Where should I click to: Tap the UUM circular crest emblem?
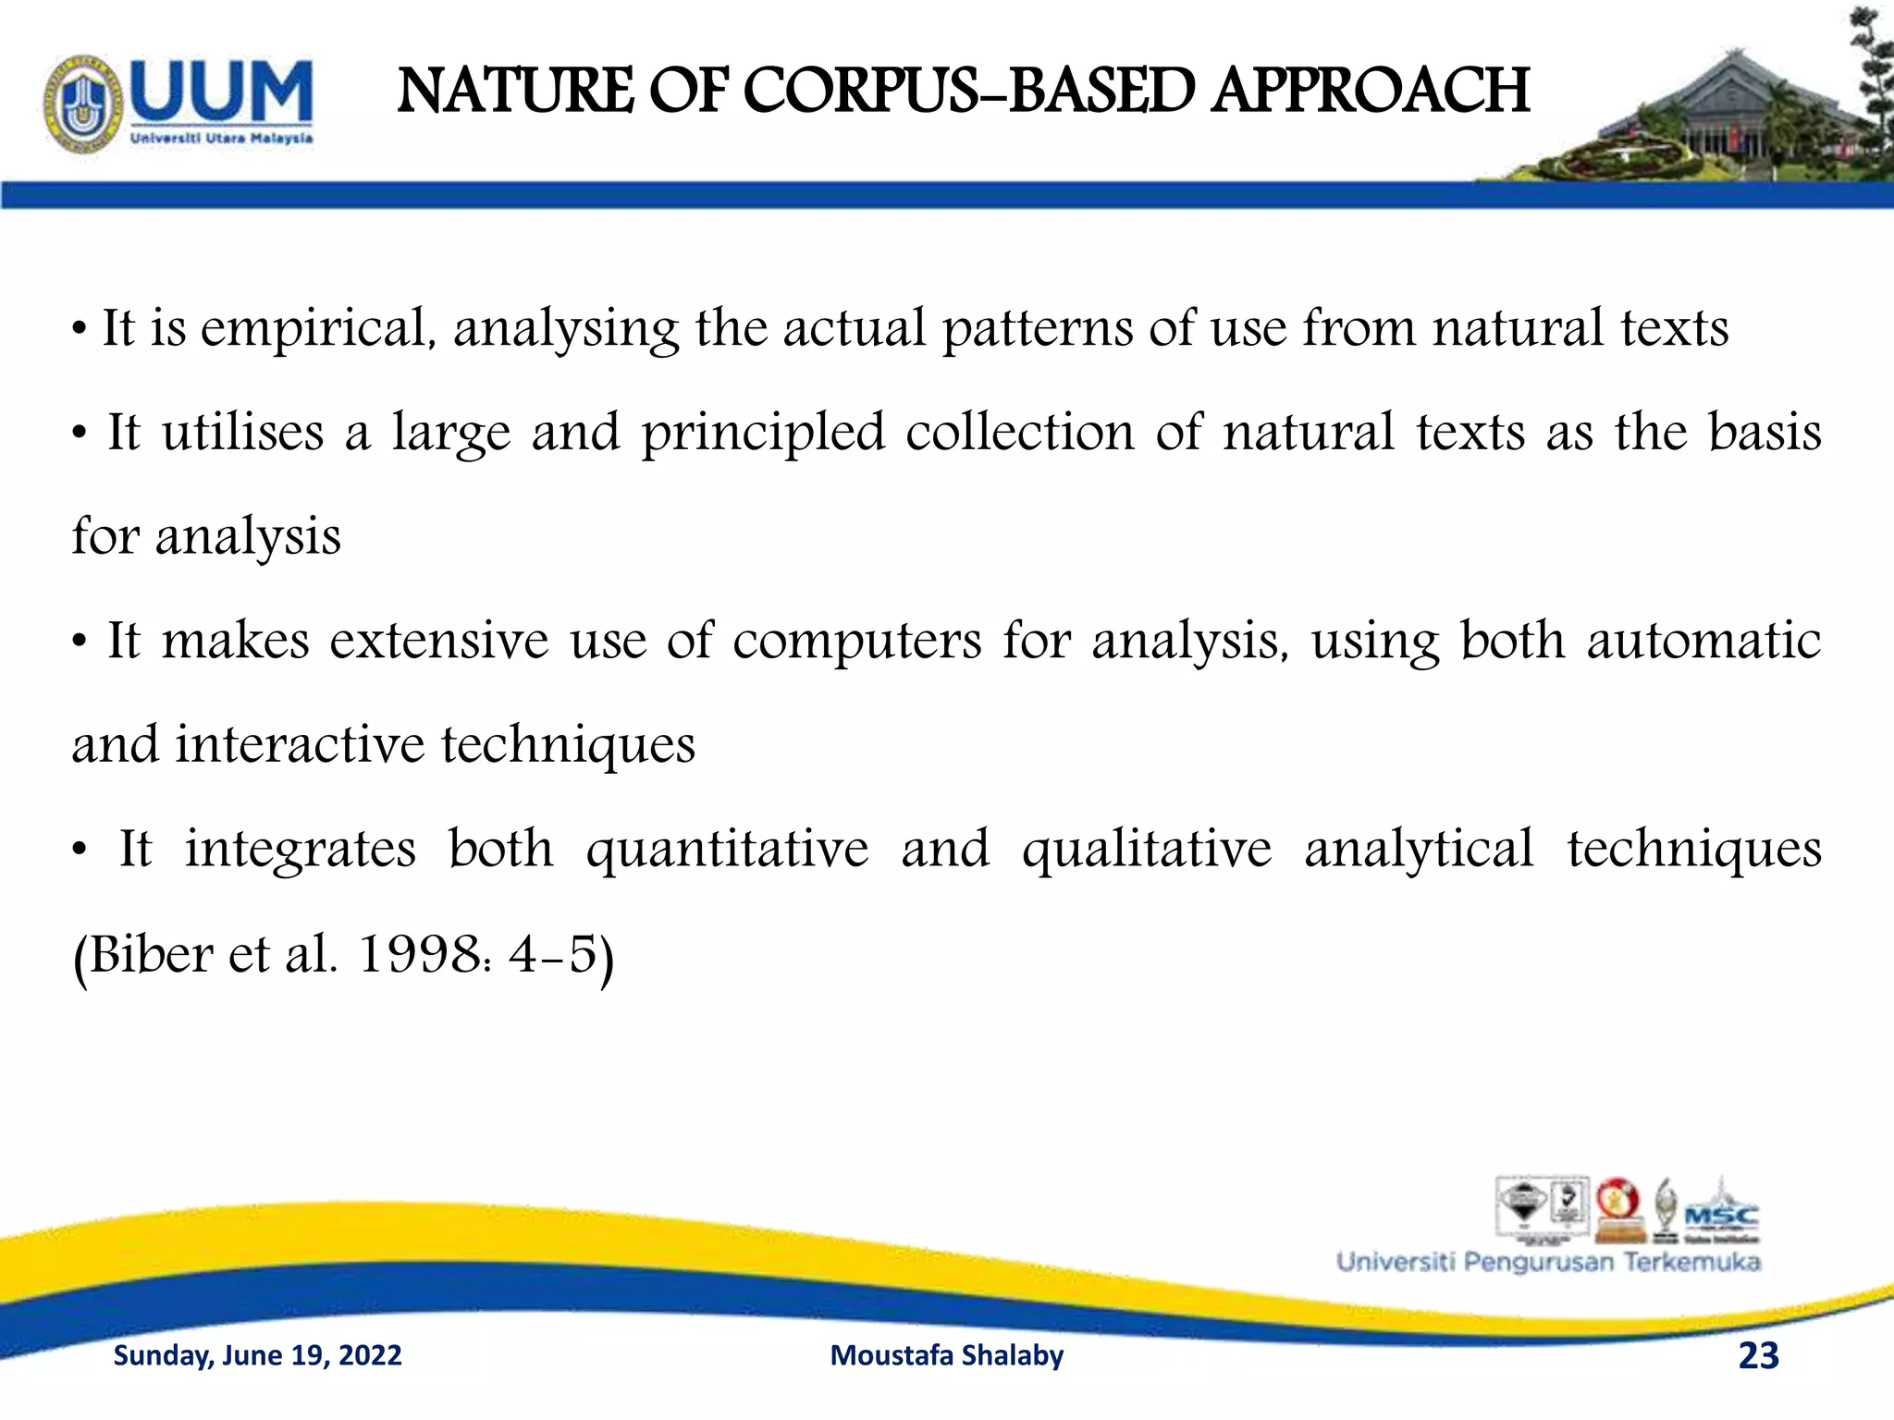point(83,104)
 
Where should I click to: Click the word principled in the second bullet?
point(764,434)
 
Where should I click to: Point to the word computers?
point(857,641)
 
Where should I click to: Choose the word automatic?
point(1703,641)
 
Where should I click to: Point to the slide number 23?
point(1758,1355)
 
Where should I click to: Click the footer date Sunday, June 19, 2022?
point(257,1355)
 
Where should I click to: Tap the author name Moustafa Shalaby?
point(947,1355)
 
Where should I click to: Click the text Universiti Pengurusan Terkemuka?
point(1548,1263)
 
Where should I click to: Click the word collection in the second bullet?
point(1019,434)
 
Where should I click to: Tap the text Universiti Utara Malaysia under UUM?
point(222,139)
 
